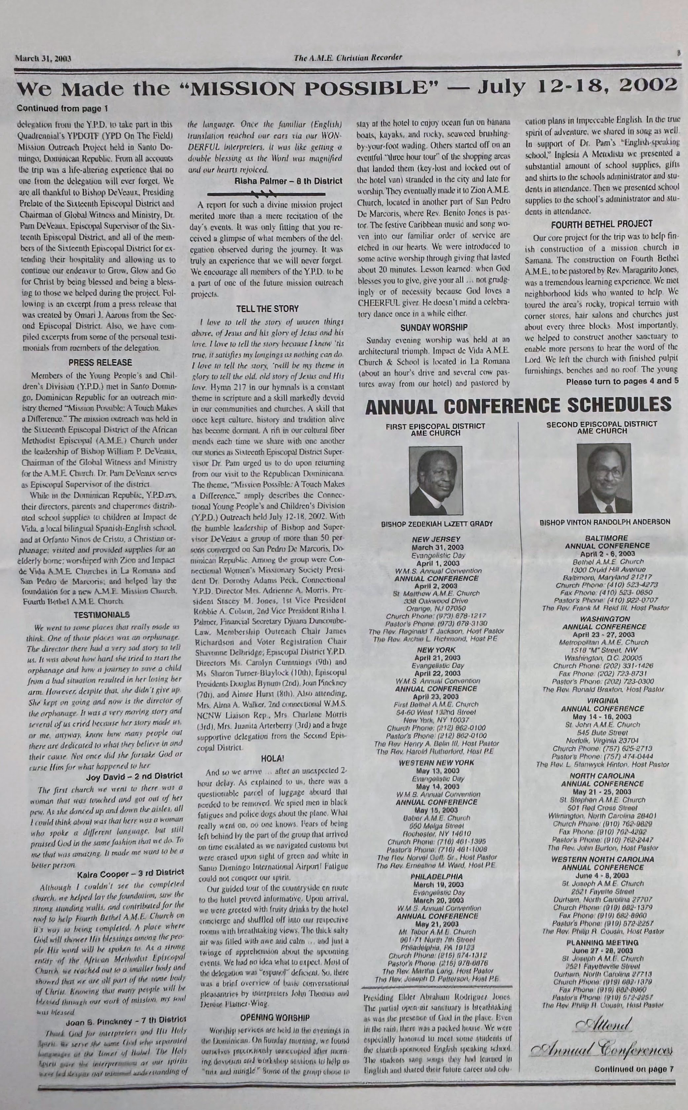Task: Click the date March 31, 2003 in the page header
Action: point(44,58)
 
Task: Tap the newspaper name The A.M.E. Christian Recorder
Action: point(348,57)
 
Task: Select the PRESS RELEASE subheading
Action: point(100,363)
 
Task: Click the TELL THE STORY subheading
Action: point(267,309)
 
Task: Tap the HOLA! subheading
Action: point(272,758)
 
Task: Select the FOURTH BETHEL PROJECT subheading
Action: point(601,224)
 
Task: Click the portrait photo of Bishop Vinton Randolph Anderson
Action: point(604,478)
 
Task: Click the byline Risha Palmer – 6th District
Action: point(288,181)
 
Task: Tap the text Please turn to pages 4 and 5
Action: point(622,381)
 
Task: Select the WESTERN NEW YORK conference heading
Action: point(436,763)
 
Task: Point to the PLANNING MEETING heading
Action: point(602,942)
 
